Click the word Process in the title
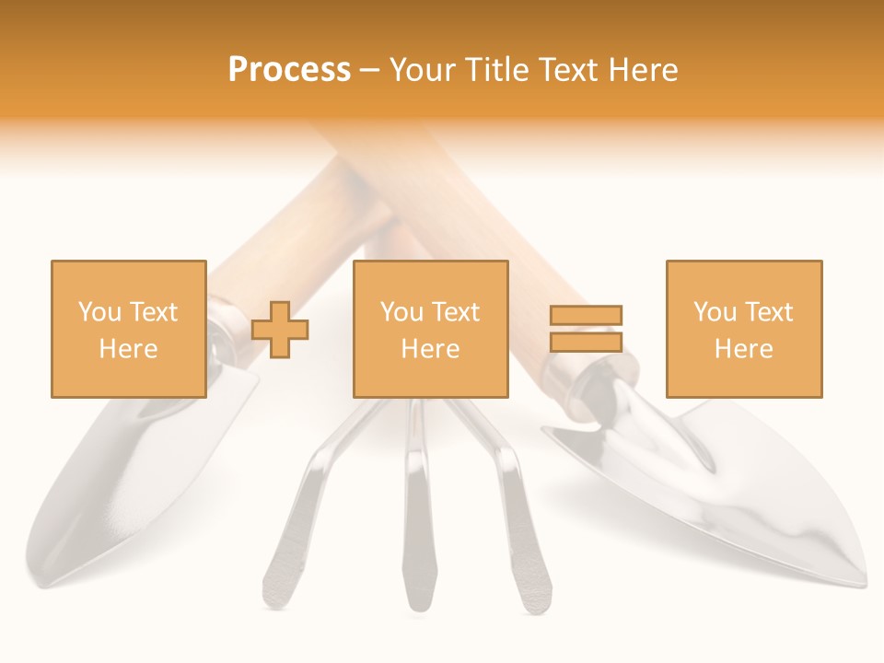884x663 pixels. (289, 70)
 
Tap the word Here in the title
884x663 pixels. (642, 70)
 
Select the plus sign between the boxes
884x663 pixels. (280, 329)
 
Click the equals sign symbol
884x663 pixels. (586, 329)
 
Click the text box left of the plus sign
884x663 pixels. (129, 329)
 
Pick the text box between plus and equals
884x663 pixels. (431, 329)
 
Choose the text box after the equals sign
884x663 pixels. (744, 329)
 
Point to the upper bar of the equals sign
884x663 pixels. (586, 316)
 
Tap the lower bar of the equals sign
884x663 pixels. (586, 342)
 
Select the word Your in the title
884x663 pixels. (425, 70)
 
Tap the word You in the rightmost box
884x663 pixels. (715, 312)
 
